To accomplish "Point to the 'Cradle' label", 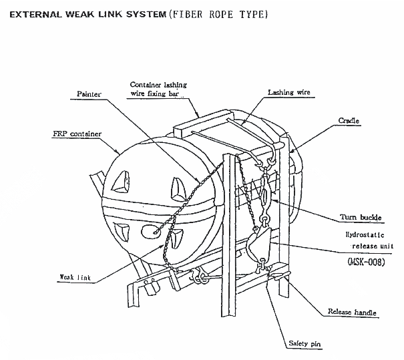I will click(349, 121).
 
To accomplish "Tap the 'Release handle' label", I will click(352, 312).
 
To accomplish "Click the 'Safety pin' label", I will click(306, 344).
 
